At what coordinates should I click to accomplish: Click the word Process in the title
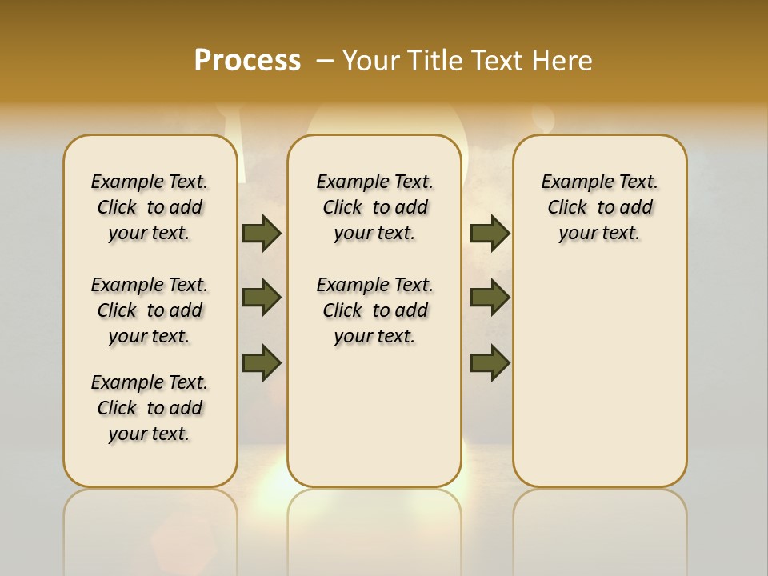(247, 60)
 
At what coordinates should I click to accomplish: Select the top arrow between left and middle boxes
(262, 234)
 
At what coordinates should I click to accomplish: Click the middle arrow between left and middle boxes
(262, 298)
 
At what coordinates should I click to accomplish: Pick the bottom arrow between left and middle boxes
(262, 362)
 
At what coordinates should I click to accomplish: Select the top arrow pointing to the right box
(490, 234)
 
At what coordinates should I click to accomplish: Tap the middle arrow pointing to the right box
(490, 298)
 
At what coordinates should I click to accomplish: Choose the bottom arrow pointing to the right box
(490, 362)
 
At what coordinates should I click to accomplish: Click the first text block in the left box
(150, 207)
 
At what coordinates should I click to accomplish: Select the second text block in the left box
(150, 310)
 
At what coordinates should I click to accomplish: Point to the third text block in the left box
(150, 408)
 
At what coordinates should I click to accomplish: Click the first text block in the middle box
(374, 207)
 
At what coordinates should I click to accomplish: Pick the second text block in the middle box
(374, 310)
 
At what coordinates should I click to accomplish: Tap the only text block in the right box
(599, 207)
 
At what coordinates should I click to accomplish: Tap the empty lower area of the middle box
(374, 416)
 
